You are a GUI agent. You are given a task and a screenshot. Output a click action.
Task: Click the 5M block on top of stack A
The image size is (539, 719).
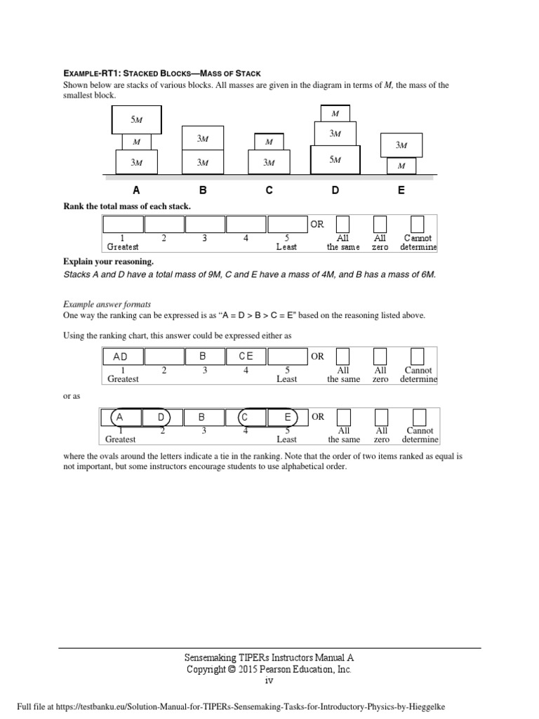pos(137,120)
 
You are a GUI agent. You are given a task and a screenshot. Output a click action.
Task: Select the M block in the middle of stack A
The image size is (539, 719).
pos(136,141)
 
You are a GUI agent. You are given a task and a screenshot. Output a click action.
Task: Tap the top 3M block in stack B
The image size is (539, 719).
pos(203,138)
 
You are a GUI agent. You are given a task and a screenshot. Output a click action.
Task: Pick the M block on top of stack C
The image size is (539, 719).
pos(268,142)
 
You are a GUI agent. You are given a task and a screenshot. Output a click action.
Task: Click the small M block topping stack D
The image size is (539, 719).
pos(335,113)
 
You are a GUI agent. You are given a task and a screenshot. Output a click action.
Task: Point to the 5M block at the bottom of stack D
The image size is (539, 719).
pos(335,159)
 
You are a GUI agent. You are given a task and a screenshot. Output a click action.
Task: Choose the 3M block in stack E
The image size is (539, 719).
pos(401,145)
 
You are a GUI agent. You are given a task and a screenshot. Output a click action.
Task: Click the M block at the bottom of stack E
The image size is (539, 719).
pos(401,166)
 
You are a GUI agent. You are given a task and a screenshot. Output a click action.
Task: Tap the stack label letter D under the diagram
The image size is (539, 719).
pos(335,190)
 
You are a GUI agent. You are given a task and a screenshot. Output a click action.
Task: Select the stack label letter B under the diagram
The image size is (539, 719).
pos(203,190)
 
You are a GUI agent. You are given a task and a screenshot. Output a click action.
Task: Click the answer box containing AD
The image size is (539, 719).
pos(123,357)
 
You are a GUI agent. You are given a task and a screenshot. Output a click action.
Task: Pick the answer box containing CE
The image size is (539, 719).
pos(246,357)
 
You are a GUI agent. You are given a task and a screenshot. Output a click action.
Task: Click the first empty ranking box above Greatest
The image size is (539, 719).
pos(123,225)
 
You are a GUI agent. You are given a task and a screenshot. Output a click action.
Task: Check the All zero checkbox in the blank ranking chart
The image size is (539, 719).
pos(380,224)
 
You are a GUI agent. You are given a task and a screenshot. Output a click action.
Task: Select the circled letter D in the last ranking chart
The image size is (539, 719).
pos(160,417)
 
